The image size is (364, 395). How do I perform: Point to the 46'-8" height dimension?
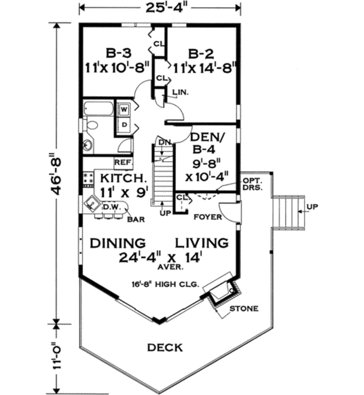(x=56, y=173)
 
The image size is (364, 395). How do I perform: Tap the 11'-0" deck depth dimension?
(x=57, y=359)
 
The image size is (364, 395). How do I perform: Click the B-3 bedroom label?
(x=118, y=53)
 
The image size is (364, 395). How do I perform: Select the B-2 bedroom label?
(x=201, y=54)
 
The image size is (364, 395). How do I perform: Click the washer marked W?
(x=124, y=110)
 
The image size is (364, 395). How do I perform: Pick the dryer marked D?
(x=124, y=125)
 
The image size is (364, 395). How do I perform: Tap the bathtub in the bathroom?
(x=99, y=108)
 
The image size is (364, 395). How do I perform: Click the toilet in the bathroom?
(x=91, y=125)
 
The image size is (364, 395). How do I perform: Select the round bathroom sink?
(x=88, y=145)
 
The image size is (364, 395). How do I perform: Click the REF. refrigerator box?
(x=124, y=162)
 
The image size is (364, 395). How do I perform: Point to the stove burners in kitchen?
(x=89, y=178)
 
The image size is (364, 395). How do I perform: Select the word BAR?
(x=136, y=219)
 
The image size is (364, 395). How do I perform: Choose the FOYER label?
(x=207, y=217)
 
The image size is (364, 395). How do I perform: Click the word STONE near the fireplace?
(x=244, y=308)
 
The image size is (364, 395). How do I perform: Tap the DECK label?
(x=165, y=347)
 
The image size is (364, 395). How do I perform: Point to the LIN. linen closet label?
(x=181, y=92)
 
